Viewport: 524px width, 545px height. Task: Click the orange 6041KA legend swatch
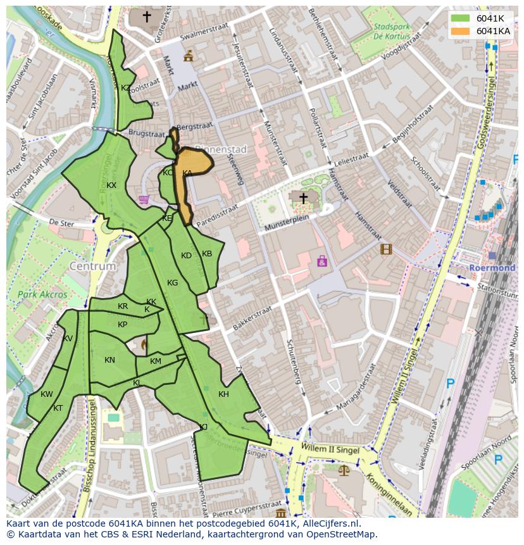coord(460,31)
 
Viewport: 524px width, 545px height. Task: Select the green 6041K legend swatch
coord(460,18)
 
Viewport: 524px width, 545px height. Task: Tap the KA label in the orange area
coord(187,173)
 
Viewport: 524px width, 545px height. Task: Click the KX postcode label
coord(111,185)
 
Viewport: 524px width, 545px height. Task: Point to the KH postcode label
coord(223,394)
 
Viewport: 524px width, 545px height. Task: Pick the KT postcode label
coord(58,408)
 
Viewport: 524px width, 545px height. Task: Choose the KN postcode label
coord(109,360)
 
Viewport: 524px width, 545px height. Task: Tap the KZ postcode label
coord(126,88)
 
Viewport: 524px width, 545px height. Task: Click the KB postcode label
coord(207,254)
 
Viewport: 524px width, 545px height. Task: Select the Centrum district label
coord(92,266)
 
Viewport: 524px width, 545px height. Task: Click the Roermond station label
coord(492,268)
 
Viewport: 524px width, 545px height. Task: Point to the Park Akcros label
coord(42,294)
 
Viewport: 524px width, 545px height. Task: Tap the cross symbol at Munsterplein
coord(303,199)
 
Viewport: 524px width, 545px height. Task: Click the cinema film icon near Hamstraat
coord(386,249)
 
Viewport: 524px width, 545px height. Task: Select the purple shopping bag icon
coord(321,260)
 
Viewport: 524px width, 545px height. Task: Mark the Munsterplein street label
coord(286,222)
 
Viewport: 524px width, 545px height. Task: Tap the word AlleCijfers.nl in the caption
coord(329,523)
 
